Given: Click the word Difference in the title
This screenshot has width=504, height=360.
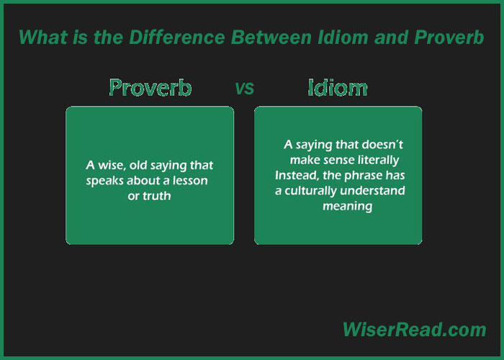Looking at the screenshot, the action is coord(177,37).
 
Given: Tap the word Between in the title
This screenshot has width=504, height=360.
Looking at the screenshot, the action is coord(271,37).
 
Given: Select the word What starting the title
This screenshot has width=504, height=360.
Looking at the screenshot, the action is coord(43,37).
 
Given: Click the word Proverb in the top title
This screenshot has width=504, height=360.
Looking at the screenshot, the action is coord(449,37).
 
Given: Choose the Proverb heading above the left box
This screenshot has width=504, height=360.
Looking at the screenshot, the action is coord(150,87).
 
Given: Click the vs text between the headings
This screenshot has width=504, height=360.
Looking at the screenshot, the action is coord(245,89).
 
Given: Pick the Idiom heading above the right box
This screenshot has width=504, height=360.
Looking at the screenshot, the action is coord(338,87).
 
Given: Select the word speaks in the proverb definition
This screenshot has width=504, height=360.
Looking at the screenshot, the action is coord(105,181).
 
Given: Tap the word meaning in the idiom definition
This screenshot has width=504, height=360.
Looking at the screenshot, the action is coord(348,207).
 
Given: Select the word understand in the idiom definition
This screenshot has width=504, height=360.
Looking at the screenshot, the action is coord(372,191).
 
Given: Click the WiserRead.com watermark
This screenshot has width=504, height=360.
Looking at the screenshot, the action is coord(414,330).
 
